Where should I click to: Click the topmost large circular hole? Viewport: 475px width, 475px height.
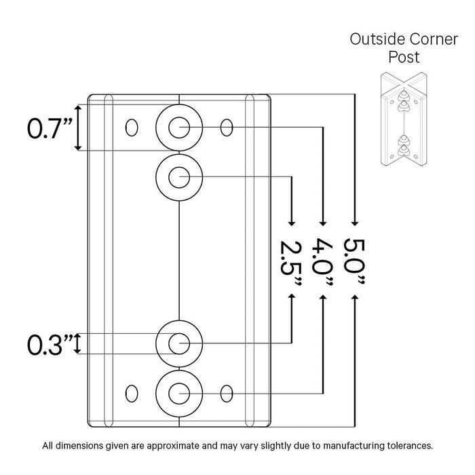pyautogui.click(x=178, y=126)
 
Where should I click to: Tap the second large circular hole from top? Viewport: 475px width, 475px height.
pyautogui.click(x=178, y=177)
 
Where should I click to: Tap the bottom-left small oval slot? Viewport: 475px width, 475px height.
pyautogui.click(x=132, y=392)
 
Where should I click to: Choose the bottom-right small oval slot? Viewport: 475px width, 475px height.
pyautogui.click(x=227, y=392)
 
